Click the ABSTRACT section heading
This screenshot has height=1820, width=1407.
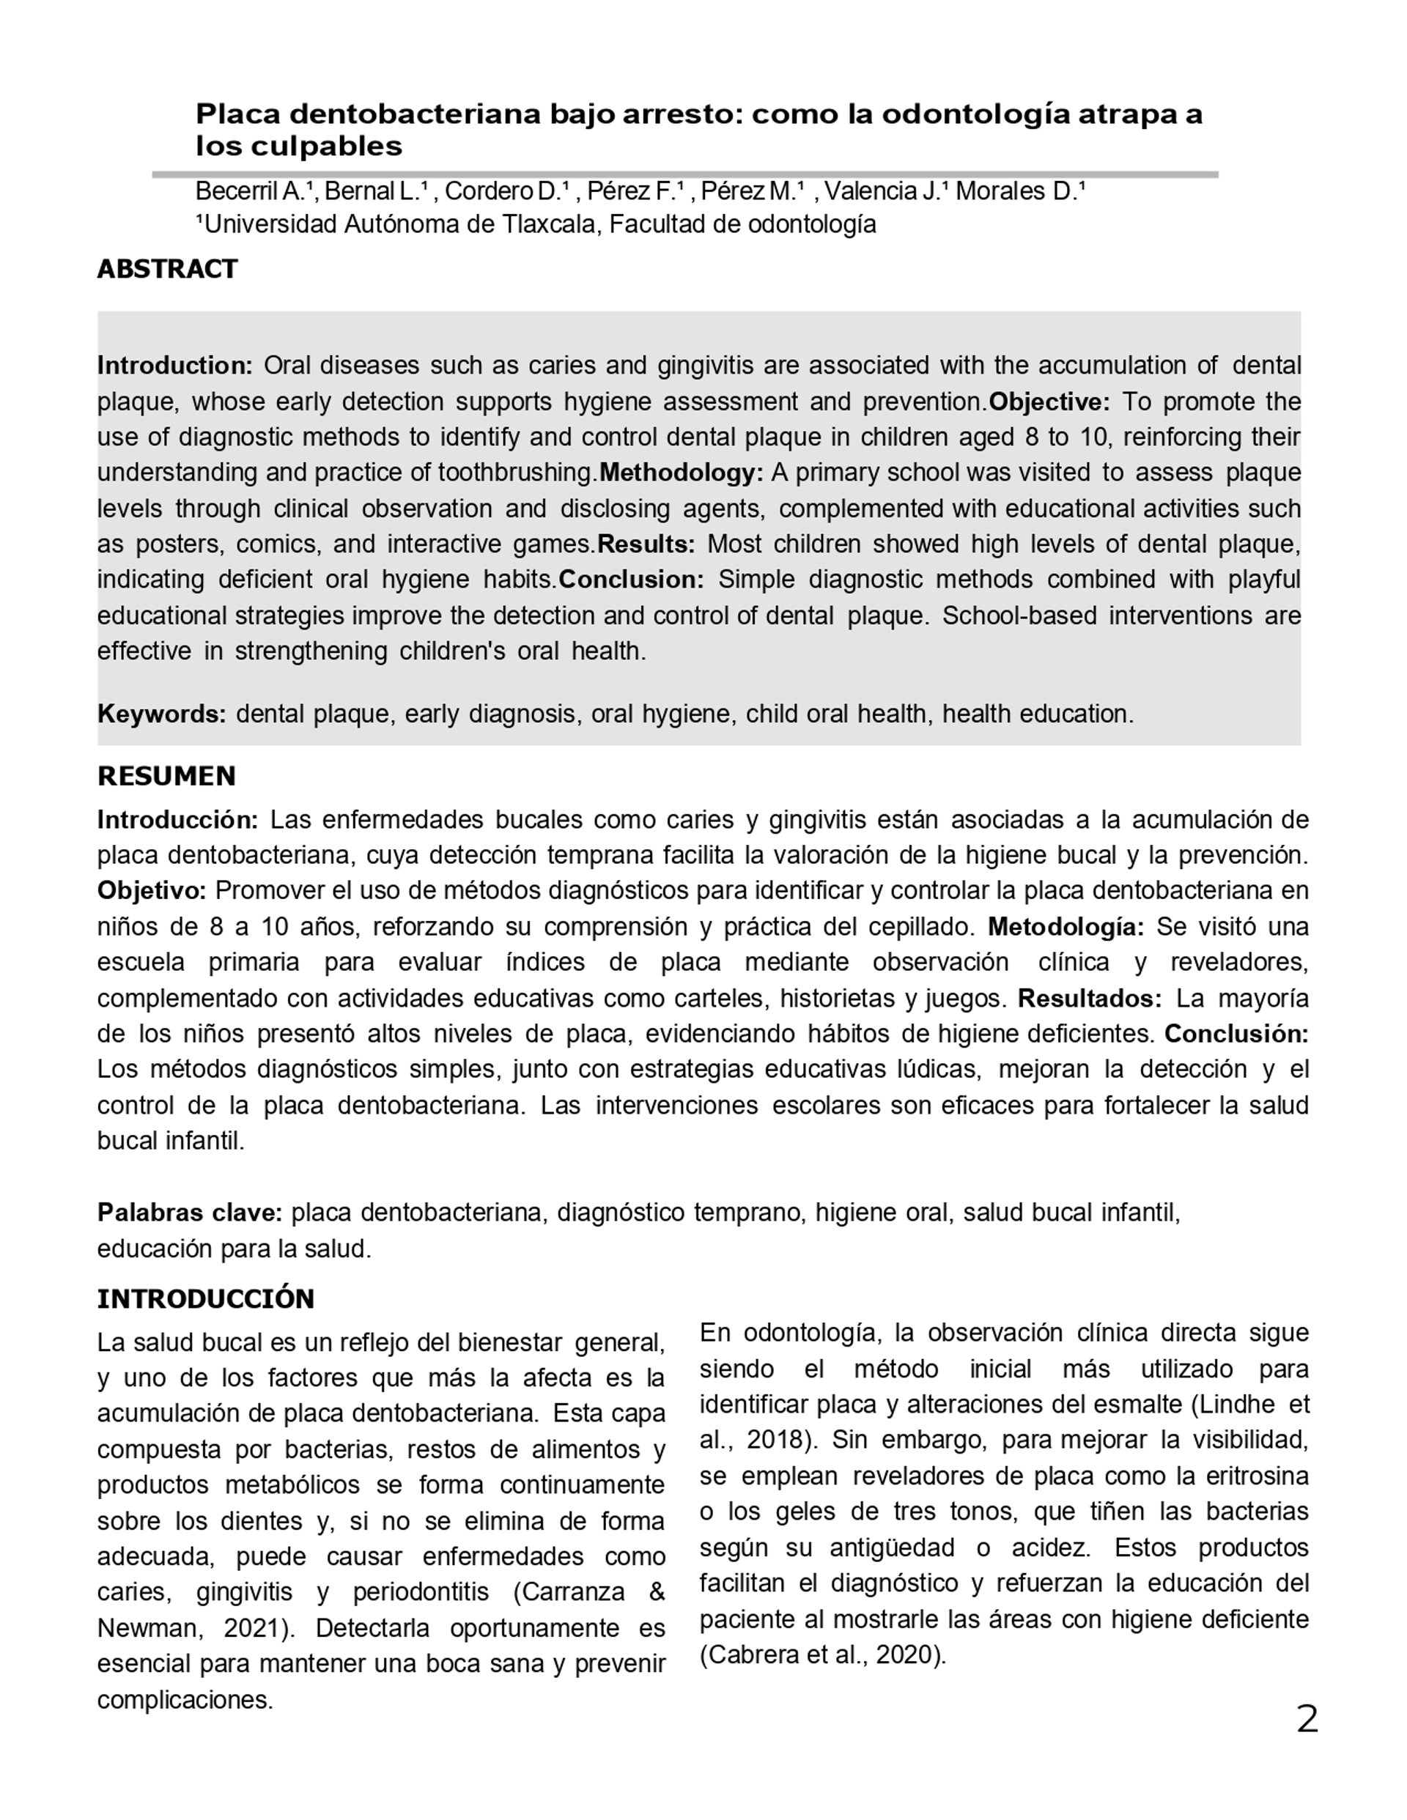coord(168,269)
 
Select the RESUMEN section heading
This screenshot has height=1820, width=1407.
coord(166,776)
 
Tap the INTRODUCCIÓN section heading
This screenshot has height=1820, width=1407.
coord(206,1299)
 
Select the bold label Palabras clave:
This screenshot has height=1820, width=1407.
coord(190,1213)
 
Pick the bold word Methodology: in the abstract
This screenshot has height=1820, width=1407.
coord(681,473)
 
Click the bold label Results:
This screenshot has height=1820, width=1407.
coord(646,544)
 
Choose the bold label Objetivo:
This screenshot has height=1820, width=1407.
coord(152,891)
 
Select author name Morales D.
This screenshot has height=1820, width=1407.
coord(1016,192)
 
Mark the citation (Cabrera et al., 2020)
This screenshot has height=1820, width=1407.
coord(823,1655)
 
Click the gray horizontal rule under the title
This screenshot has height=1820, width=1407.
coord(684,174)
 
